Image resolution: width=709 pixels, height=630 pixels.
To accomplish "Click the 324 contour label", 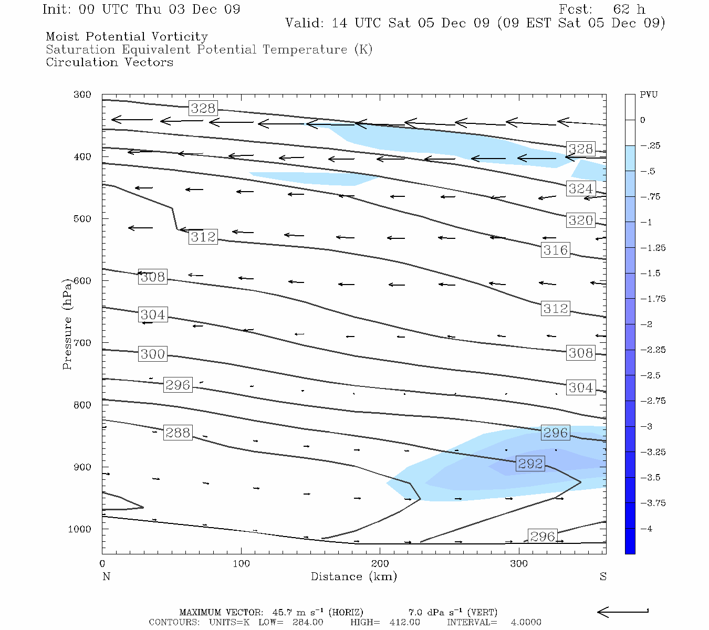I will tap(581, 189).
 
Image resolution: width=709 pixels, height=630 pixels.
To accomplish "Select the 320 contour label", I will tap(581, 220).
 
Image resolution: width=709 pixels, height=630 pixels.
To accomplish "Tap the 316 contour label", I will tap(556, 250).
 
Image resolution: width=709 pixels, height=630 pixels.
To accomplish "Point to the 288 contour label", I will tap(178, 433).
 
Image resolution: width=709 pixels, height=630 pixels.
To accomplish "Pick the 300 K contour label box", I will tap(153, 354).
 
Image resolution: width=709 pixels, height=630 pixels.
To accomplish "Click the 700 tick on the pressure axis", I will tap(82, 343).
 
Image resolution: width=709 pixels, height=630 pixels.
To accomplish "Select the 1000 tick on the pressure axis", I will tap(79, 529).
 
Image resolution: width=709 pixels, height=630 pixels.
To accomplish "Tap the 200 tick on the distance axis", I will tap(380, 564).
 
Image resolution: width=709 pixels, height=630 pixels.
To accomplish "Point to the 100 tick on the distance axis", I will tap(241, 564).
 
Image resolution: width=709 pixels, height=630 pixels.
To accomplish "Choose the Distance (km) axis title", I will tap(353, 577).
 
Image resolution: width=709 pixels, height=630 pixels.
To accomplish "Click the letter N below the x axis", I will tap(106, 577).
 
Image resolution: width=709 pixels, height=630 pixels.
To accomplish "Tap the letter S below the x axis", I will tap(603, 577).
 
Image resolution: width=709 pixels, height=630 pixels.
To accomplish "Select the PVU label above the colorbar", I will tap(649, 95).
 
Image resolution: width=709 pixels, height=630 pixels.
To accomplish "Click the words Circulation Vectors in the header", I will tap(109, 62).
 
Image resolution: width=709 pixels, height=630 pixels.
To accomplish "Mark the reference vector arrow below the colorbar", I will tap(622, 612).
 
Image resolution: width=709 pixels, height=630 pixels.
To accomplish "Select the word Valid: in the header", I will tap(303, 24).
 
